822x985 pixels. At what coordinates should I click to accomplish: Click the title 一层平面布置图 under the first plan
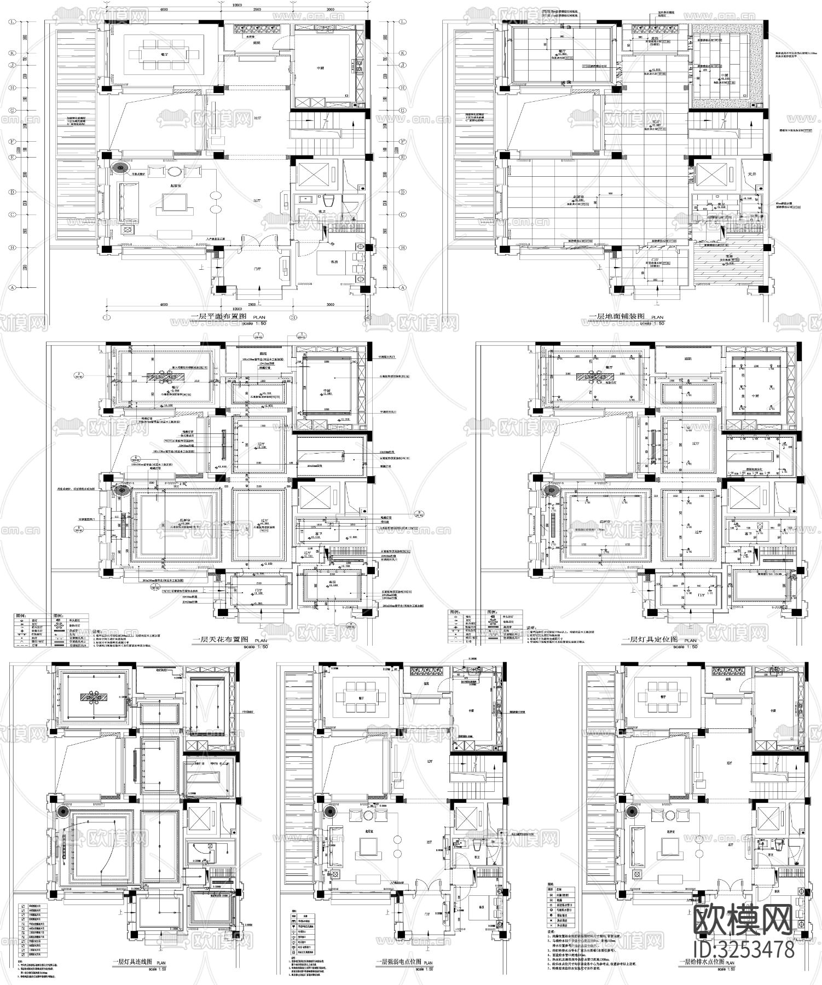(220, 316)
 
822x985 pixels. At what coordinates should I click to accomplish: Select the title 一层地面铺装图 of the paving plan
(618, 317)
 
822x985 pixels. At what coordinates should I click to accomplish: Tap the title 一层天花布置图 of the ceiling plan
(221, 639)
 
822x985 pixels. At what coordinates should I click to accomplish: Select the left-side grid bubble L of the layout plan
(11, 23)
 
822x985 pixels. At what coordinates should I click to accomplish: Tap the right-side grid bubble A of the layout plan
(403, 287)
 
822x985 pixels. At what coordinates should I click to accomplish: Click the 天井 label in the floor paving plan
(751, 174)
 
